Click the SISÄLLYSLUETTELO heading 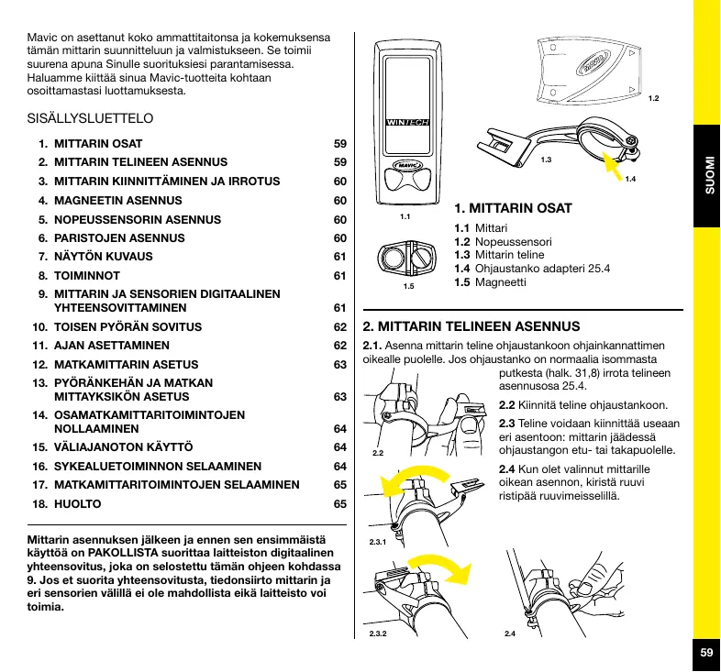pyautogui.click(x=90, y=119)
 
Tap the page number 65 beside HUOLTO pyautogui.click(x=339, y=505)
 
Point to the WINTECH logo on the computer pyautogui.click(x=407, y=122)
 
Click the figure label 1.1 pyautogui.click(x=405, y=217)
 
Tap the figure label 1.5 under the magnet pyautogui.click(x=408, y=287)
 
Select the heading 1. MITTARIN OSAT pyautogui.click(x=513, y=209)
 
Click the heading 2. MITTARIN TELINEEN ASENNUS pyautogui.click(x=471, y=326)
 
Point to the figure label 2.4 pyautogui.click(x=510, y=633)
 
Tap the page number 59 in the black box pyautogui.click(x=705, y=653)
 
